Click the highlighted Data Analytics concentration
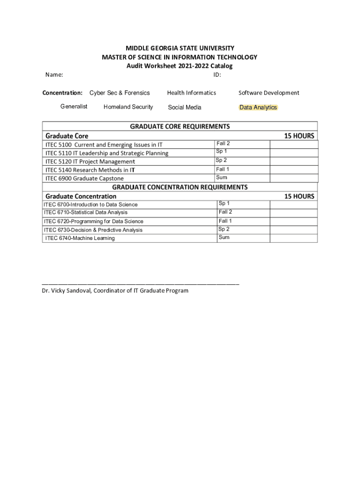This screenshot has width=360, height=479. [258, 108]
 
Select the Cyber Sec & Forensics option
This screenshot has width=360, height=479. [120, 93]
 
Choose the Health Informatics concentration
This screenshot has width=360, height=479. [192, 93]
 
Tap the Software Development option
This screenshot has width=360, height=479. [269, 93]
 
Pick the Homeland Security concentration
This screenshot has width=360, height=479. [128, 107]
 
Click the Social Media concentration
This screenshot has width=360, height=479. [185, 108]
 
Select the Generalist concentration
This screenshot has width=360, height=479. [74, 107]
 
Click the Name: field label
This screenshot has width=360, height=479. [54, 75]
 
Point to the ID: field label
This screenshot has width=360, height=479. [217, 75]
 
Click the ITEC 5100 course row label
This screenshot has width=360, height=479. [104, 145]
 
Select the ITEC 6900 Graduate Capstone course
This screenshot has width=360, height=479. [85, 178]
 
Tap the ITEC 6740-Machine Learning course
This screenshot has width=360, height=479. [80, 239]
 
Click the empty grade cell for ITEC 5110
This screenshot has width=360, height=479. [294, 152]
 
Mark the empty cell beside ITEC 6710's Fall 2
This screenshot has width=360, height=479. [294, 213]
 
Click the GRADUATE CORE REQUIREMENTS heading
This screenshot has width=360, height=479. [180, 126]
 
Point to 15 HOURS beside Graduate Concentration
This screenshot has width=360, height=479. [299, 196]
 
